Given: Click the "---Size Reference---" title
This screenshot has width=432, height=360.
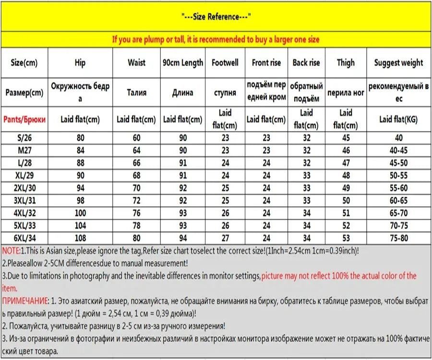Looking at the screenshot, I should (x=216, y=17).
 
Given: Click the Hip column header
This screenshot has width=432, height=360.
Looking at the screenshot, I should (x=80, y=63).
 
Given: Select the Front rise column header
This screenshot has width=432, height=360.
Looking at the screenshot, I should (x=266, y=63).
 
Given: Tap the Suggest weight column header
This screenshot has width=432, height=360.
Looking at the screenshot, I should (x=398, y=63).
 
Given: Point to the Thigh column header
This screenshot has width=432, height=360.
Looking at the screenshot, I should (x=346, y=63).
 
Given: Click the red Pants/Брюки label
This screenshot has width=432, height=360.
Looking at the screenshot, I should (x=24, y=119).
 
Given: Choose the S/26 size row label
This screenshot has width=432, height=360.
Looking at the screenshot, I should (x=24, y=138).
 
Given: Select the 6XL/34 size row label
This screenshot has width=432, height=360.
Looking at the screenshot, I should (x=24, y=238).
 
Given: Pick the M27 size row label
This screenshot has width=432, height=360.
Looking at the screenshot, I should (x=24, y=151).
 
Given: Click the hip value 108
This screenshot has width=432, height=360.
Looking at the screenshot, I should (x=80, y=238).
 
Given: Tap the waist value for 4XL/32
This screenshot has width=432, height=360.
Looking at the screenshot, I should (x=137, y=213).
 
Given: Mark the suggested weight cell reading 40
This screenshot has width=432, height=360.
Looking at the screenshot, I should (x=398, y=138).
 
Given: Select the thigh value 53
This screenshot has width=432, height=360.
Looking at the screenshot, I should (x=346, y=238).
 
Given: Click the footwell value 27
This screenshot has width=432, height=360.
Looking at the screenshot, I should (x=225, y=238).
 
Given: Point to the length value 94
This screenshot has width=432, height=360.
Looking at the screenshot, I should (x=183, y=238).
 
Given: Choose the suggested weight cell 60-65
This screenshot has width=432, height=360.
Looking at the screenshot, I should (x=398, y=201).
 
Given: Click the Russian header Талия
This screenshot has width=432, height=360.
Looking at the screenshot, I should (x=137, y=93).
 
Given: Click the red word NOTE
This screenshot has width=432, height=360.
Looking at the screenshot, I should (x=11, y=251).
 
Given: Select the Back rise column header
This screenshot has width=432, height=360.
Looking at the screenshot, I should (x=306, y=63).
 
